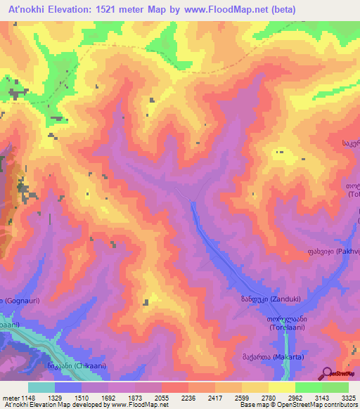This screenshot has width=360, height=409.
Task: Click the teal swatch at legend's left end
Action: click(x=41, y=387)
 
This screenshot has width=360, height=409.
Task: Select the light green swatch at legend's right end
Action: click(x=335, y=387)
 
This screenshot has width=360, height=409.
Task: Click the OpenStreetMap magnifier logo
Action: click(x=326, y=375)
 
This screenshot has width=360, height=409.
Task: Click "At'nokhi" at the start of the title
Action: click(x=25, y=9)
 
